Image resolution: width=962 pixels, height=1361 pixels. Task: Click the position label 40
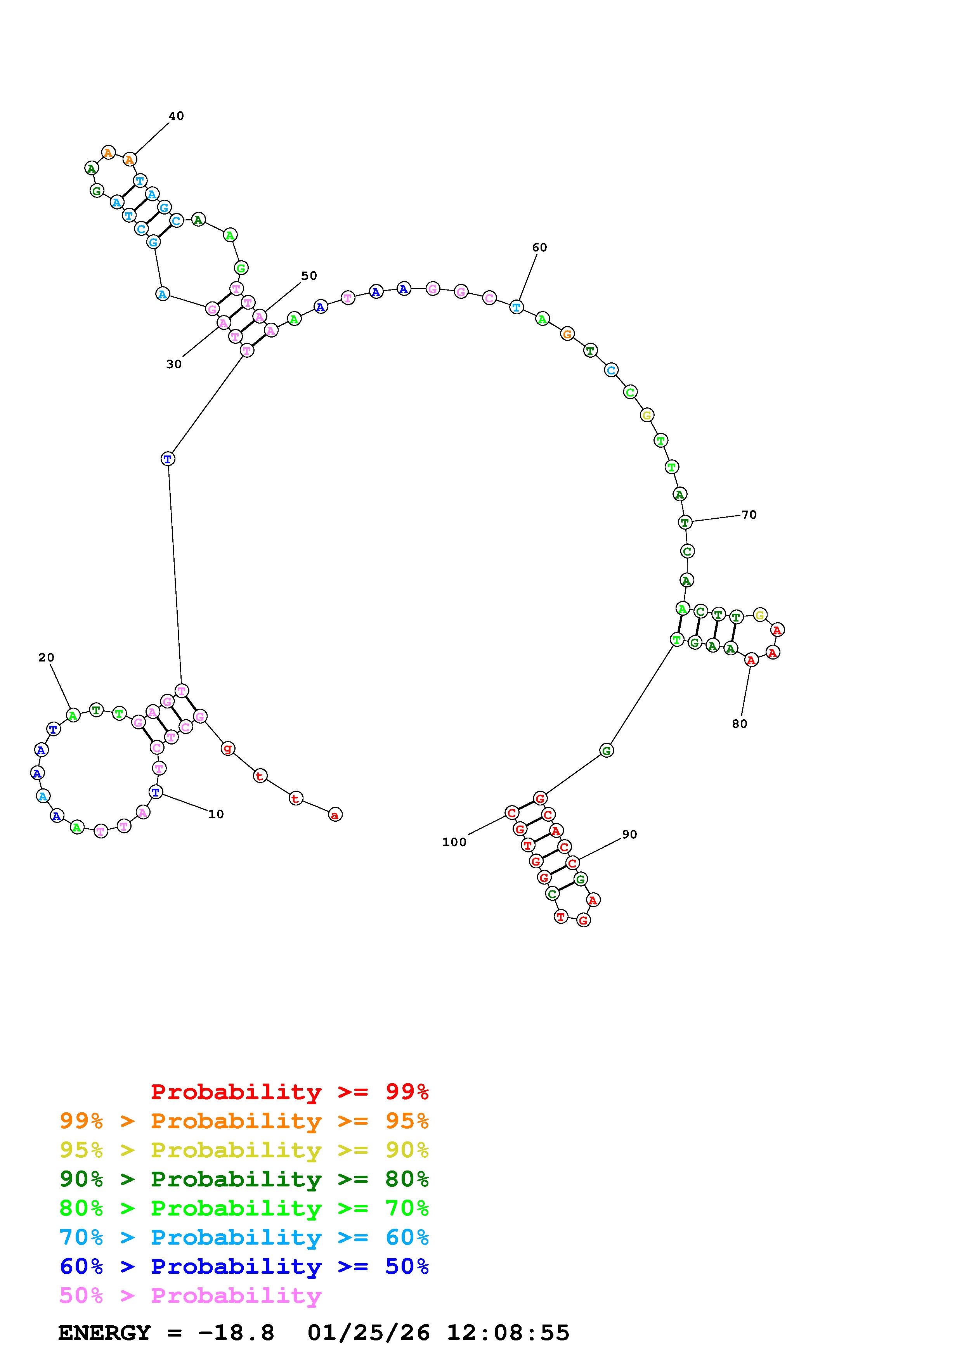(x=177, y=116)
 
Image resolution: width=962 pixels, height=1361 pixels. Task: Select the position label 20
(x=46, y=657)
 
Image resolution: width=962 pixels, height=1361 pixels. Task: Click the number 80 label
(x=739, y=724)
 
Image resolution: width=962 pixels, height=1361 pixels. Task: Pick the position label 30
(x=174, y=364)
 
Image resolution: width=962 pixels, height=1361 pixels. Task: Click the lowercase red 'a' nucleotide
(x=335, y=815)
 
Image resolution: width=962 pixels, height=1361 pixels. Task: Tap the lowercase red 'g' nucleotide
(x=228, y=749)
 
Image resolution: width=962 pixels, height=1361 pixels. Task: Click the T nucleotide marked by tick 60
(x=517, y=307)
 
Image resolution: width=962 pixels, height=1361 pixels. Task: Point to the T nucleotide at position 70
(x=685, y=522)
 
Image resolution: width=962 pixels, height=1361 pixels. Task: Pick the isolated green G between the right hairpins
(x=607, y=750)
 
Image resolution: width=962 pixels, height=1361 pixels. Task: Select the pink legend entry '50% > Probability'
(x=190, y=1296)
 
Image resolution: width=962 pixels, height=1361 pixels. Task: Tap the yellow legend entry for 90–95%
(x=244, y=1150)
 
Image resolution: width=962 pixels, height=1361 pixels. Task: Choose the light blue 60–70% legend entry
(x=244, y=1238)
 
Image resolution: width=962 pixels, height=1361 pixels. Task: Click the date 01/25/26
(x=368, y=1333)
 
